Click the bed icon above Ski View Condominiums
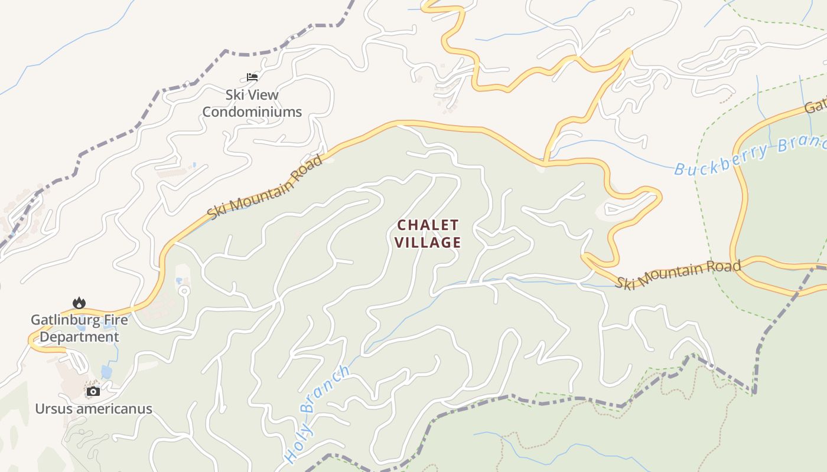click(252, 77)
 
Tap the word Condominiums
click(252, 112)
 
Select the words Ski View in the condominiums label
click(252, 94)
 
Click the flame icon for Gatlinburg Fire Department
click(79, 303)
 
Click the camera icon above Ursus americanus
click(93, 391)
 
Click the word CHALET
click(428, 225)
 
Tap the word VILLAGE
click(428, 242)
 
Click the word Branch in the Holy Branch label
click(325, 389)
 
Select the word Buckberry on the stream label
click(722, 159)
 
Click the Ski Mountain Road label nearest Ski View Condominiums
click(266, 186)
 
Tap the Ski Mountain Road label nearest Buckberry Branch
click(678, 274)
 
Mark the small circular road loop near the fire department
click(184, 290)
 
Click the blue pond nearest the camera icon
click(106, 371)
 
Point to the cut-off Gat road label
click(816, 107)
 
